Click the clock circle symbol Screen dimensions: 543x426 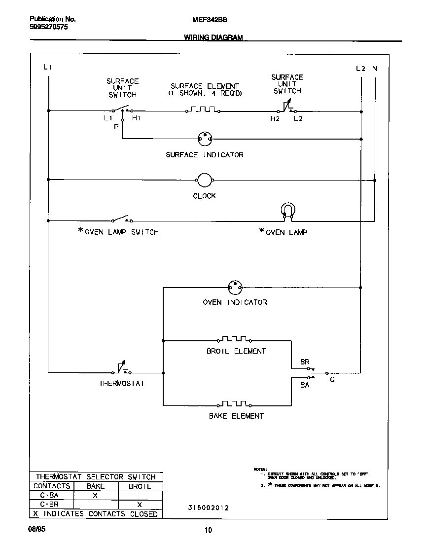[x=204, y=181]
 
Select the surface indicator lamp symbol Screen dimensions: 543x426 [x=204, y=139]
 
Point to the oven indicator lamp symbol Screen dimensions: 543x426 [x=235, y=287]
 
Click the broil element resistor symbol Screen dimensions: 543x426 [x=234, y=339]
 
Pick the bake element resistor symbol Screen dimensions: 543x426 [x=234, y=404]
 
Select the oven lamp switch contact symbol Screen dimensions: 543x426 [x=121, y=219]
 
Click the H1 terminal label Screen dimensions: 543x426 [x=137, y=119]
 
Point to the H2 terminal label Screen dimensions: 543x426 [x=275, y=119]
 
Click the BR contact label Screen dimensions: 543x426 [x=305, y=362]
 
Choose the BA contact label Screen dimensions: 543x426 [x=305, y=385]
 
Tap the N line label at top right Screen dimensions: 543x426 [x=375, y=69]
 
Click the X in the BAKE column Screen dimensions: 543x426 [x=95, y=495]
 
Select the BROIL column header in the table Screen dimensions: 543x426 [x=140, y=486]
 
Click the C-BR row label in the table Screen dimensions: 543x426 [x=51, y=505]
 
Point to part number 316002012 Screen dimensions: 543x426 [x=208, y=508]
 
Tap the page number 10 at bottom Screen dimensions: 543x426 [x=208, y=531]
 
